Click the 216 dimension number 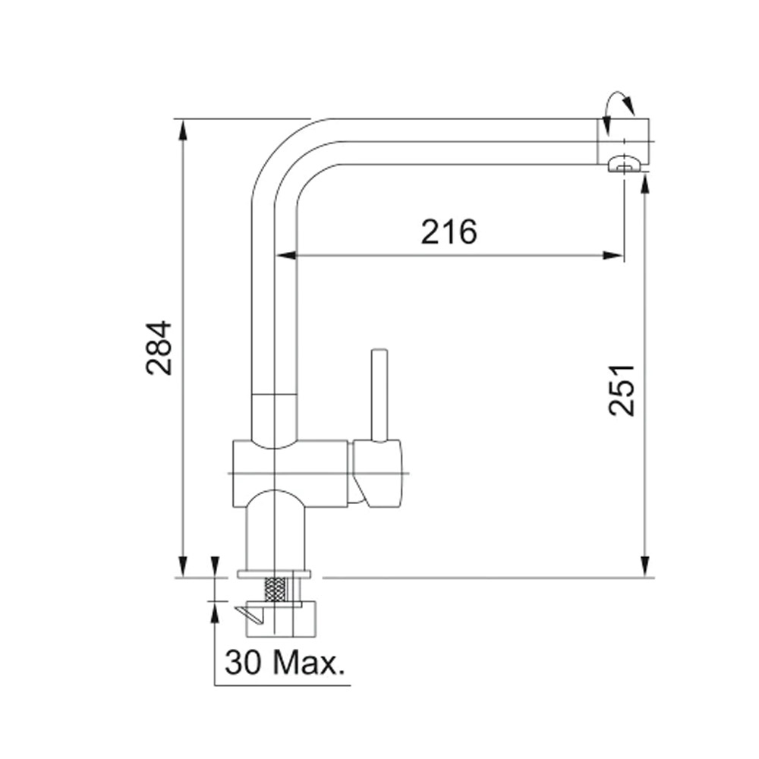449,231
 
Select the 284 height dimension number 160,348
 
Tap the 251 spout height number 622,389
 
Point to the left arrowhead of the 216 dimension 285,256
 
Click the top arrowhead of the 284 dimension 182,129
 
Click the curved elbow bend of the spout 281,152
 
